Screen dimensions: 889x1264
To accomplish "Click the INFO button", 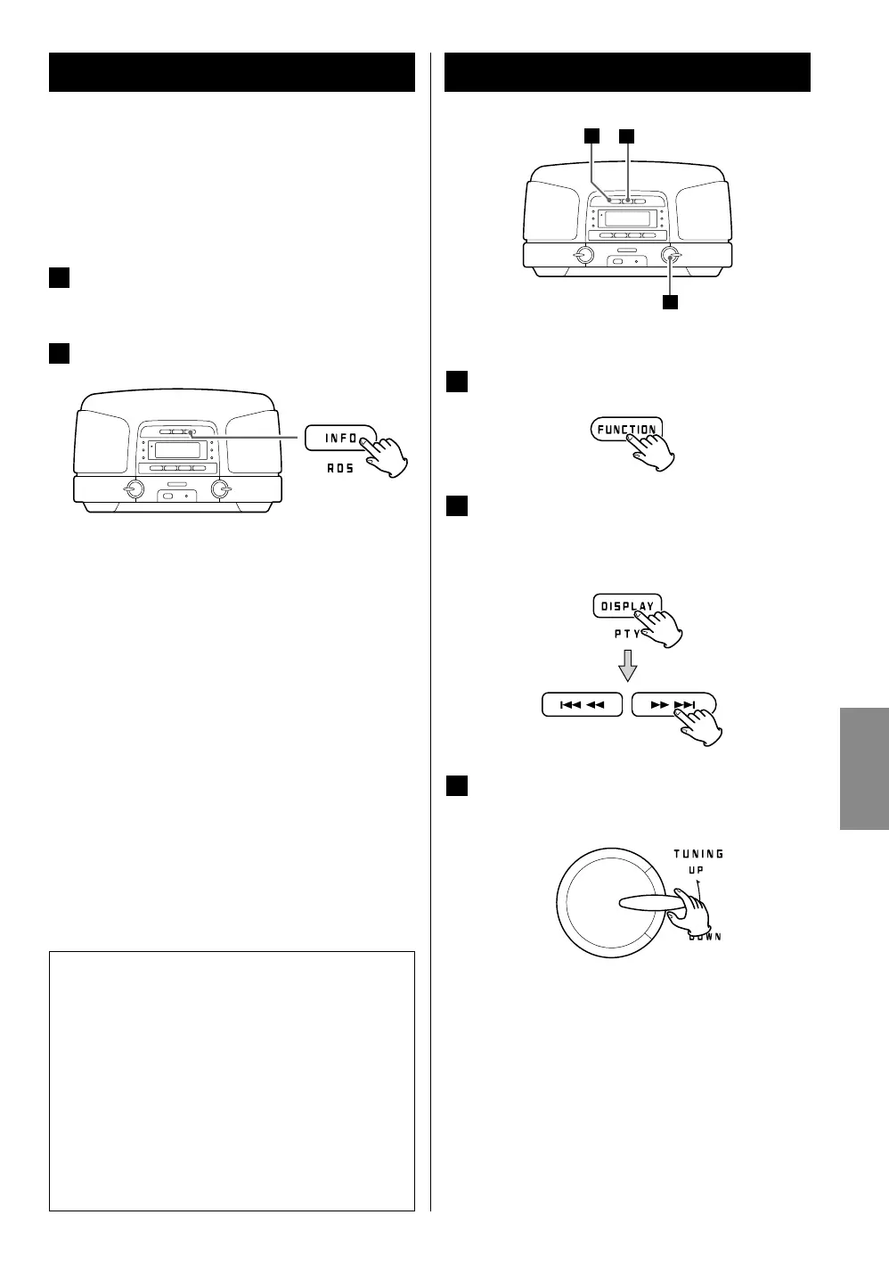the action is (x=339, y=439).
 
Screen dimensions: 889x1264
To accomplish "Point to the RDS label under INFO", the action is (x=340, y=469).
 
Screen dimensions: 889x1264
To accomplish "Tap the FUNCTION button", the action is (x=625, y=429).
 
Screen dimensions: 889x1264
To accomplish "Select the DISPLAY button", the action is (x=626, y=605).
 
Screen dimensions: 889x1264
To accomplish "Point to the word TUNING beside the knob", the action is (x=698, y=853).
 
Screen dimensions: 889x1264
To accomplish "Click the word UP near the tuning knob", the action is (x=695, y=869).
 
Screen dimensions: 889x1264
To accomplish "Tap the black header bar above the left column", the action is (x=232, y=72).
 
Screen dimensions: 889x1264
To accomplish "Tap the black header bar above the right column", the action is (x=627, y=72).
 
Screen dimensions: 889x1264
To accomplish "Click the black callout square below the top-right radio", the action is (x=669, y=302).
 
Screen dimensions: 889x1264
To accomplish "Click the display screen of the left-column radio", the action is (x=175, y=451).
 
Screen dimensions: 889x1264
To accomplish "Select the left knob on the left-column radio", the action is (x=134, y=488).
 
